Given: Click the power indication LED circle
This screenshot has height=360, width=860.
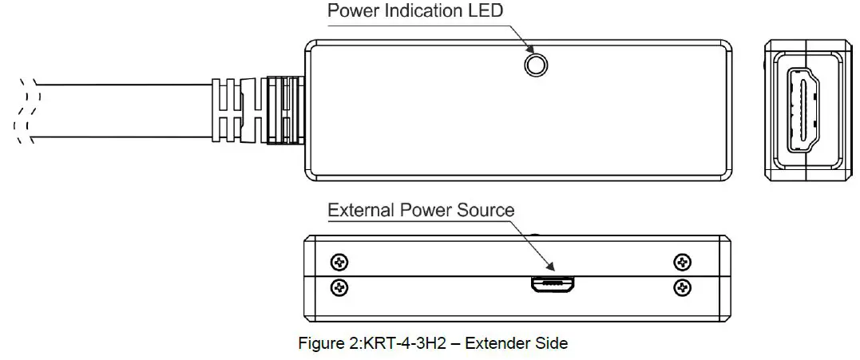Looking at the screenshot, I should click(536, 65).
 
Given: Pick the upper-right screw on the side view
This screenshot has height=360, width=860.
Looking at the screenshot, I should click(682, 262).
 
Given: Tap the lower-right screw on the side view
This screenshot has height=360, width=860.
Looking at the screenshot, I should click(682, 287).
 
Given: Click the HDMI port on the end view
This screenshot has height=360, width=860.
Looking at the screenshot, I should click(803, 109).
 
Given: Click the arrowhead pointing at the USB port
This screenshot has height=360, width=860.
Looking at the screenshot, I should click(549, 268).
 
